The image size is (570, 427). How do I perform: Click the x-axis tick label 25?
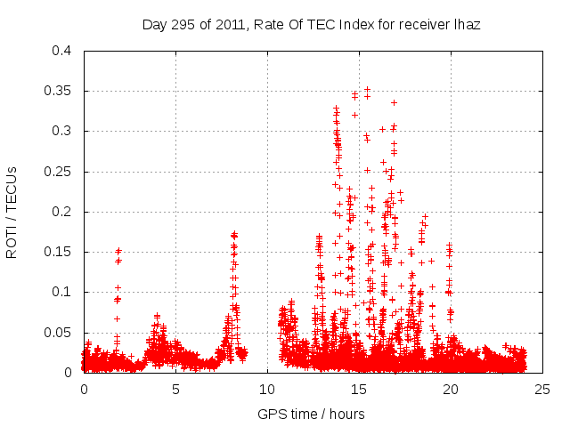(542, 390)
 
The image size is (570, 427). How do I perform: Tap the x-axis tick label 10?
(267, 390)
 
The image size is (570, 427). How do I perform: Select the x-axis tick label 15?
(359, 390)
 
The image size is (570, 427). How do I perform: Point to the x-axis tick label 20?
(451, 390)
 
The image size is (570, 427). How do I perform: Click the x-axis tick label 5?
(176, 390)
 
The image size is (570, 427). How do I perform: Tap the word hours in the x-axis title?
(343, 414)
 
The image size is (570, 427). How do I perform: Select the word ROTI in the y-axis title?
(12, 241)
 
